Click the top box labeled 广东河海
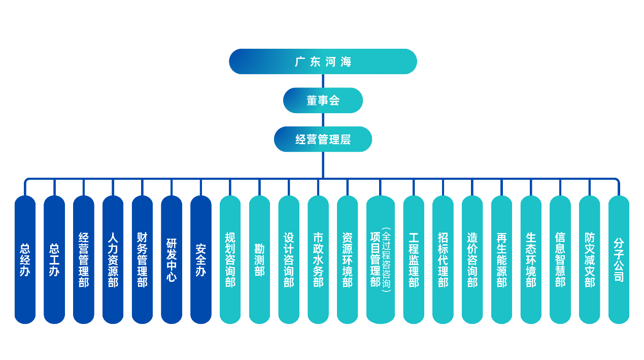(323, 61)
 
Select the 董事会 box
(323, 101)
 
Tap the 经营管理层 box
(323, 139)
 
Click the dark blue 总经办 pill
(25, 259)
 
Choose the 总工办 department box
(54, 259)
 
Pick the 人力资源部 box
(113, 259)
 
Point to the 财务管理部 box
(142, 259)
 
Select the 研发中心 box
(172, 259)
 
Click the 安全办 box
(201, 259)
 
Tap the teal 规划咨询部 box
(230, 259)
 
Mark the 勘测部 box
(259, 259)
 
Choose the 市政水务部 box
(318, 259)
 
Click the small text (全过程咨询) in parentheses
(386, 259)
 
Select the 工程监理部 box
(414, 259)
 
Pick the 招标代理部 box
(443, 259)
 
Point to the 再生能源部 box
(501, 259)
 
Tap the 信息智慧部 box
(560, 259)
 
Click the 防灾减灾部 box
(589, 259)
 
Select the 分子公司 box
(619, 259)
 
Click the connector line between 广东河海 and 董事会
(323, 81)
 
